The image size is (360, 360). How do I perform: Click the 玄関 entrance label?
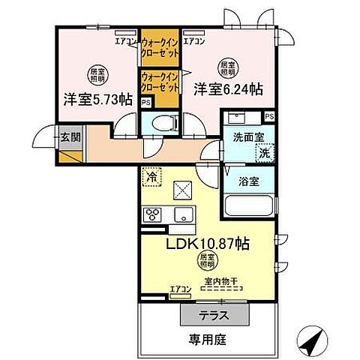[70, 137]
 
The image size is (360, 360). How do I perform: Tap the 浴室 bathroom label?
[248, 181]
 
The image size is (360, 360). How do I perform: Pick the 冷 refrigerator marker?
[151, 178]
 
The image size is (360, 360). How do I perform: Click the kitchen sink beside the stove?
[182, 216]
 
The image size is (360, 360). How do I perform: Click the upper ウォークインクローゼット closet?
[159, 48]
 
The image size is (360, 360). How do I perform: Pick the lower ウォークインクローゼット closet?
[159, 82]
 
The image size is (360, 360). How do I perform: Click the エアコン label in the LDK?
[180, 288]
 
